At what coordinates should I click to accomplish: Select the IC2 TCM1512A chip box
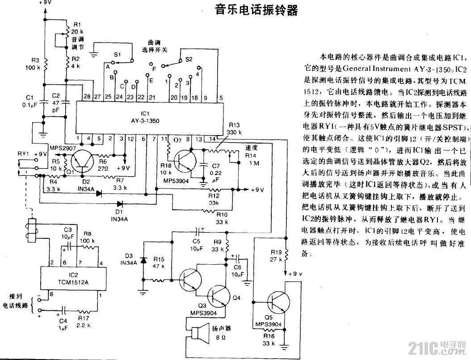[x=73, y=277]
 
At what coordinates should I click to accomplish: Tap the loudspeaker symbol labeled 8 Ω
[x=198, y=334]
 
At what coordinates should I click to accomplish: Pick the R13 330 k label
[x=234, y=129]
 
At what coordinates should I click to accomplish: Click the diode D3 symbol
[x=143, y=260]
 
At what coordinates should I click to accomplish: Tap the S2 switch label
[x=188, y=59]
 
